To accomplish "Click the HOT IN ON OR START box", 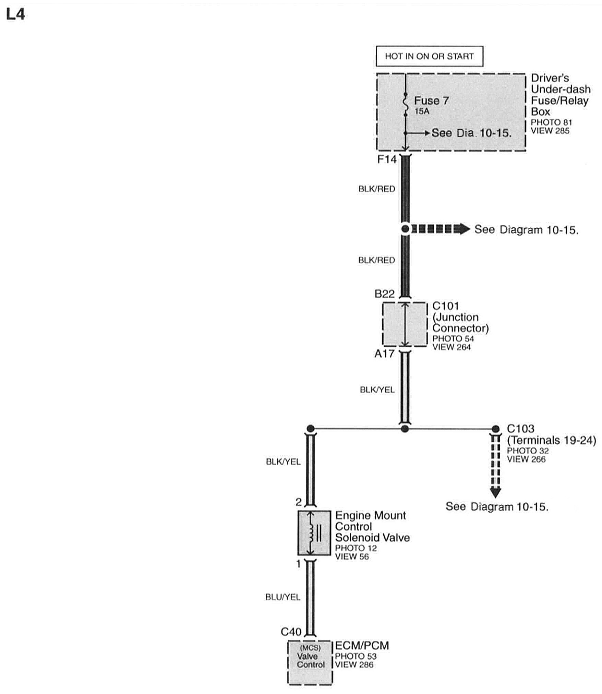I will point(429,56).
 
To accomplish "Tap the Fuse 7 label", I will point(431,100).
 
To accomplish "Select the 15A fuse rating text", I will point(422,111).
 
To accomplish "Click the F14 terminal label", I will point(387,159).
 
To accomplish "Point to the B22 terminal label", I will point(384,294).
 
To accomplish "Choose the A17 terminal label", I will point(384,354).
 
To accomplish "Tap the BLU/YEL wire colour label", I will point(283,597).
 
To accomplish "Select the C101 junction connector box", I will point(405,324).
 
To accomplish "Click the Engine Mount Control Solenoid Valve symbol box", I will point(314,533).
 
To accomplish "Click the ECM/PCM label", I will point(362,645).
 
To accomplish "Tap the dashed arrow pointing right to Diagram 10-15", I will point(440,229).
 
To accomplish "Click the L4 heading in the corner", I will point(15,15).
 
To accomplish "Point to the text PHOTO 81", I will point(551,122).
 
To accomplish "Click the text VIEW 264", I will point(451,347).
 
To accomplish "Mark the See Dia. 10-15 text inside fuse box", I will point(471,133).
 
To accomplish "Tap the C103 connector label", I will point(520,429).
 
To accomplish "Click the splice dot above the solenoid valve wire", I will point(311,428).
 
